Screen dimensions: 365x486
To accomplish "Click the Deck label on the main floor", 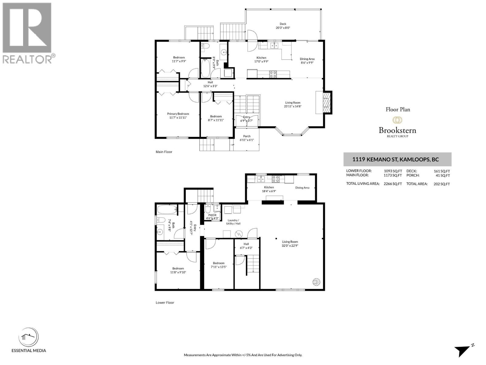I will coord(283,26).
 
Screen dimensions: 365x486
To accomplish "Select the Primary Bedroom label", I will coord(178,116).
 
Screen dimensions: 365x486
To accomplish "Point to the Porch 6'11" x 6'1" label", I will coord(247,138).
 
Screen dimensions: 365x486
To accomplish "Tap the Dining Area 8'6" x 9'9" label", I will coord(307,61).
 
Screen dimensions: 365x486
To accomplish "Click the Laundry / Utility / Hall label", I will coord(233,222).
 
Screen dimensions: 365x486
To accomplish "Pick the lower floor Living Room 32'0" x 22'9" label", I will coord(290,244).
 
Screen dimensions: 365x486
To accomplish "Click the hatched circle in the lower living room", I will coord(317,282).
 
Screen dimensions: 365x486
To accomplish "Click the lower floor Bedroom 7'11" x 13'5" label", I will coord(219,265).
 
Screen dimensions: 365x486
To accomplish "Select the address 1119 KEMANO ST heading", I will coord(395,159).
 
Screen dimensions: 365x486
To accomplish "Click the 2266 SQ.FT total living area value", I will coord(393,184).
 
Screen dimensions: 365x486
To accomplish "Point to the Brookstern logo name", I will coord(397,130).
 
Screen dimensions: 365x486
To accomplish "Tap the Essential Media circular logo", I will coord(29,338).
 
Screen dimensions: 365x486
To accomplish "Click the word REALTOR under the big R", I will coord(27,59).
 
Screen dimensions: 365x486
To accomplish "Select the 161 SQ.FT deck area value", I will coord(442,171).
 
